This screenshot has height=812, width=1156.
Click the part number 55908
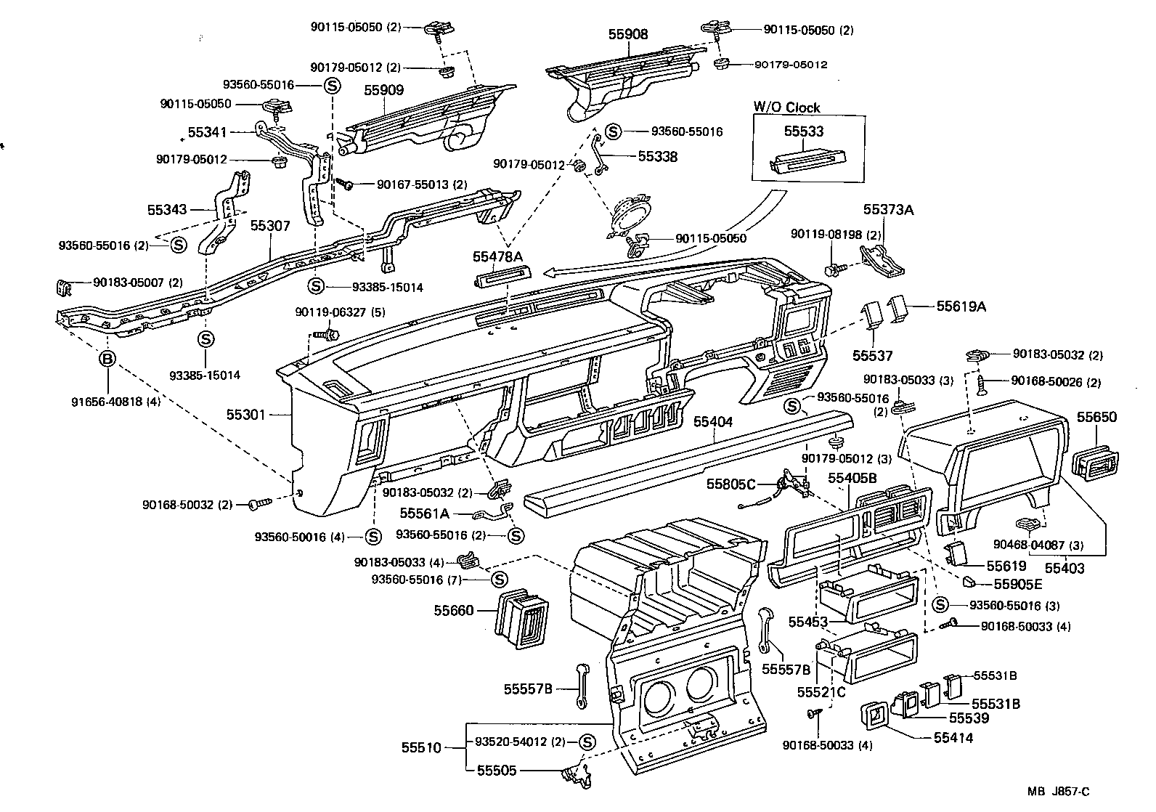628,34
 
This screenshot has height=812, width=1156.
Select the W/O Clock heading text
786,107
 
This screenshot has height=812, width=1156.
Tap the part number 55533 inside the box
804,131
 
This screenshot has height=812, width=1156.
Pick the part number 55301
246,415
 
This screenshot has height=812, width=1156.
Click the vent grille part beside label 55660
521,616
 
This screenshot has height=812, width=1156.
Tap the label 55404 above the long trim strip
712,421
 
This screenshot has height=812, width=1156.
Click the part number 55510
420,747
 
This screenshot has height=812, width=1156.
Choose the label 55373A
887,210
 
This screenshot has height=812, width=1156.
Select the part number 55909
383,91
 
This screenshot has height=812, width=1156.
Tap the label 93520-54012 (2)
519,742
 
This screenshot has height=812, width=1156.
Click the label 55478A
498,256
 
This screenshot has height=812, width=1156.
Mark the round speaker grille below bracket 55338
628,214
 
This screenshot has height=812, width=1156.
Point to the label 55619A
960,306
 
